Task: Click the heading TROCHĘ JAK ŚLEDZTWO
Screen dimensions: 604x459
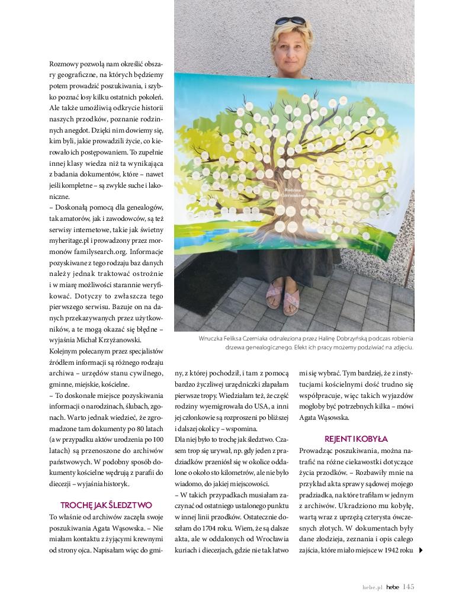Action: [x=107, y=505]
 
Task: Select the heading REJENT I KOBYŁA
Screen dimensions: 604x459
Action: [x=356, y=439]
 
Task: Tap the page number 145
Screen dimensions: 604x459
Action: [x=408, y=587]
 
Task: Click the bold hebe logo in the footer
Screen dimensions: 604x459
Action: [x=393, y=587]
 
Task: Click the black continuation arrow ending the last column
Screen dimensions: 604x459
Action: [x=421, y=550]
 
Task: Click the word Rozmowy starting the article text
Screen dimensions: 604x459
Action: [x=65, y=63]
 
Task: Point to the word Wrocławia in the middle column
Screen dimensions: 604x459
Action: [x=274, y=539]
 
